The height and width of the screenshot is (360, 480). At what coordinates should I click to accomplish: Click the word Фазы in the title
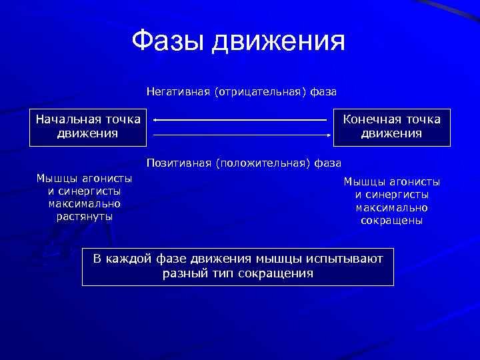click(168, 41)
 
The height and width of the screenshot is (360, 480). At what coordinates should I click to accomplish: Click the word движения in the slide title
click(279, 41)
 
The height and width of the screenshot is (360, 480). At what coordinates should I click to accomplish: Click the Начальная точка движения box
click(88, 127)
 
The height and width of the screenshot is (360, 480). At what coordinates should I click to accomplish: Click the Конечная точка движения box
click(392, 127)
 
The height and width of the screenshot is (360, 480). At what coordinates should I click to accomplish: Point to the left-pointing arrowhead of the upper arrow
click(155, 120)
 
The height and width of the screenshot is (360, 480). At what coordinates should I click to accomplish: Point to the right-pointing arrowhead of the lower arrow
click(329, 134)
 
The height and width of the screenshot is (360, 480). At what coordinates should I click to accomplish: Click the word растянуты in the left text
click(84, 216)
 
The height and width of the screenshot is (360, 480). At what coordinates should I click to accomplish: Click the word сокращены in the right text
click(392, 221)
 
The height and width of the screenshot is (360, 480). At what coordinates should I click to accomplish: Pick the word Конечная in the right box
click(372, 119)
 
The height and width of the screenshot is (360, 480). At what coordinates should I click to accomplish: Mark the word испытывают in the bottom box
click(345, 259)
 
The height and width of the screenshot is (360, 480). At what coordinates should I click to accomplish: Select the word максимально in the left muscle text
click(84, 203)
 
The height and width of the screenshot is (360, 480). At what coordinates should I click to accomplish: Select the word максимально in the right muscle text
click(392, 207)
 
